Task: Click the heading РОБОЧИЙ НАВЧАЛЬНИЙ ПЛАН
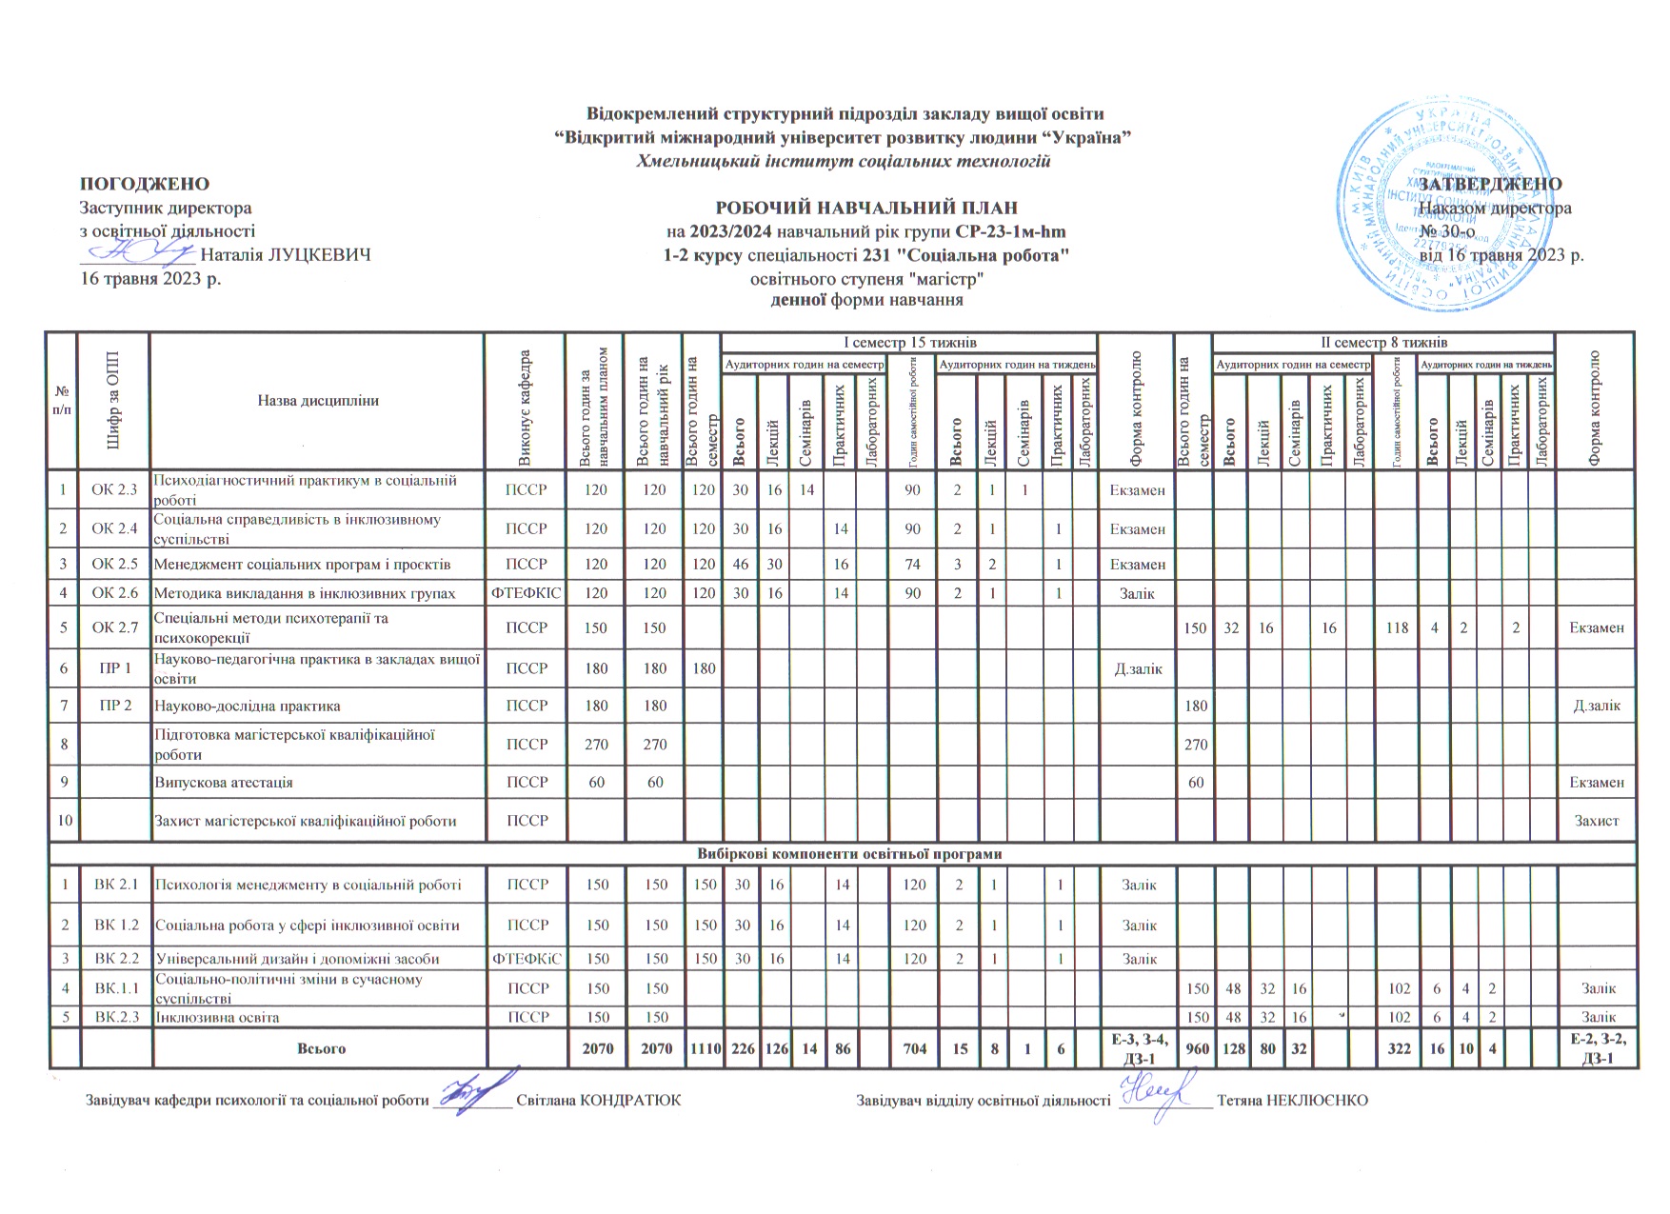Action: pos(865,208)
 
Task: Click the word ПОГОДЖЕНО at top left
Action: pos(144,184)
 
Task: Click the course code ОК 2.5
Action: pos(114,564)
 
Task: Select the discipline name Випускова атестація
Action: pos(224,783)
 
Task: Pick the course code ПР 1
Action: pos(114,668)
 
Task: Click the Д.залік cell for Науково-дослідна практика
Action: pos(1596,706)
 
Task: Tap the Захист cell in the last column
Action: pos(1596,821)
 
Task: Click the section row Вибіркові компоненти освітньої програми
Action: pos(842,854)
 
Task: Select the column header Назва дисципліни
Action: pos(318,401)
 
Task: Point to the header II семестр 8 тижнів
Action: pos(1382,342)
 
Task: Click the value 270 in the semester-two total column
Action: pos(1196,745)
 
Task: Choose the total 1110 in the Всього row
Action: pos(704,1048)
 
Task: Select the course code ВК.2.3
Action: pos(116,1017)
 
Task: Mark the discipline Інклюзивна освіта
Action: pos(217,1017)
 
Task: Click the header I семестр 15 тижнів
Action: pos(909,342)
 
